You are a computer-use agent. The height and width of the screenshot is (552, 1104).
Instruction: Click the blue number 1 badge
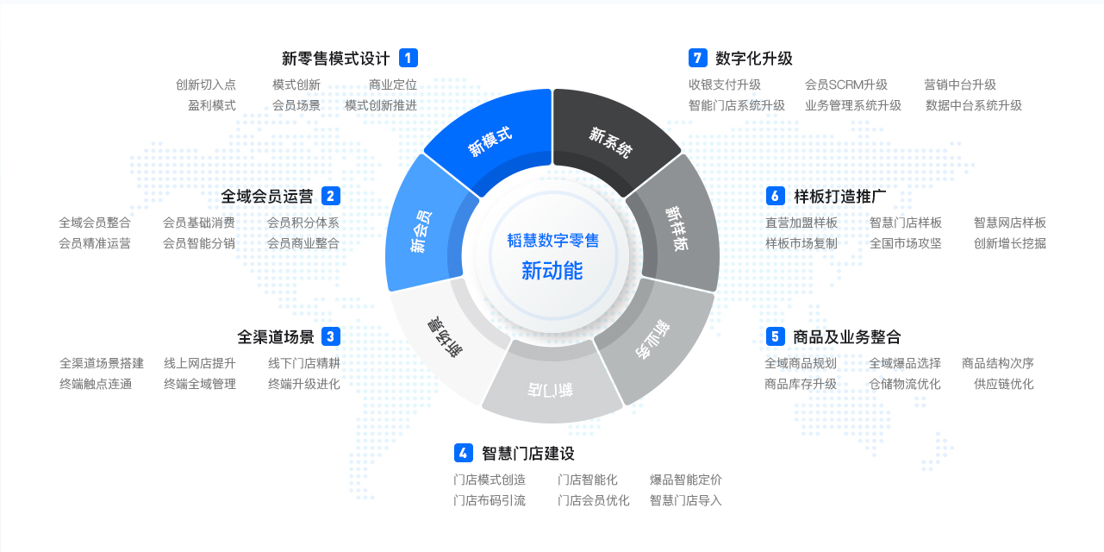pos(409,58)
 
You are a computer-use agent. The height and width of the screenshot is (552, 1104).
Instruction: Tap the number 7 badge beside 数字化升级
pos(697,58)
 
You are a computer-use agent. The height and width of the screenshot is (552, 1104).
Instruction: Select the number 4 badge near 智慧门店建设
pos(464,453)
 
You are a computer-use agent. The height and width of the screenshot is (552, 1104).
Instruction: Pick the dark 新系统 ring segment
pos(611,138)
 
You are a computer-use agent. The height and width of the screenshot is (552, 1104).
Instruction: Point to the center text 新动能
pos(552,271)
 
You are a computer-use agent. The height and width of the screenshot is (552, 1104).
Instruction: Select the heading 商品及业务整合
pos(847,336)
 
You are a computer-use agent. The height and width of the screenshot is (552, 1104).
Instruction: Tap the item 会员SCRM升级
pos(846,85)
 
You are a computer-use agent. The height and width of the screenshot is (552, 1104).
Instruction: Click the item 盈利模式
pos(212,105)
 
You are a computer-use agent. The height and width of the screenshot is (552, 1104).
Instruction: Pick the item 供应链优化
pos(1004,384)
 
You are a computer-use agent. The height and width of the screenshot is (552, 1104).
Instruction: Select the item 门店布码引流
pos(490,500)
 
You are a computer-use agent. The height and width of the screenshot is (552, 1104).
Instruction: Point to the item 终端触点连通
pos(96,384)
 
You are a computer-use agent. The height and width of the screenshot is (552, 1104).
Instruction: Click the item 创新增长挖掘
pos(1010,243)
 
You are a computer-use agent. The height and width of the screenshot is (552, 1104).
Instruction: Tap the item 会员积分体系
pos(303,223)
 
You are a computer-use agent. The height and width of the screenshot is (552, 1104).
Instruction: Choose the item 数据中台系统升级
pos(974,105)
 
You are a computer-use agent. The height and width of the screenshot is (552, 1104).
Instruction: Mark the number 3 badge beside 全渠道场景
pos(330,336)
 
